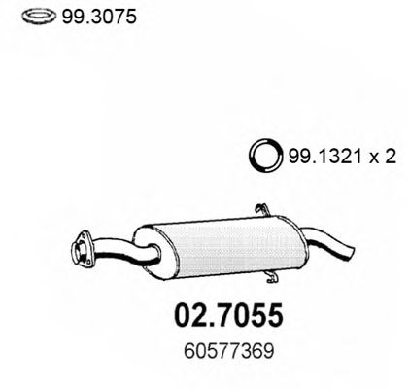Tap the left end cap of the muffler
pyautogui.click(x=145, y=251)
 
